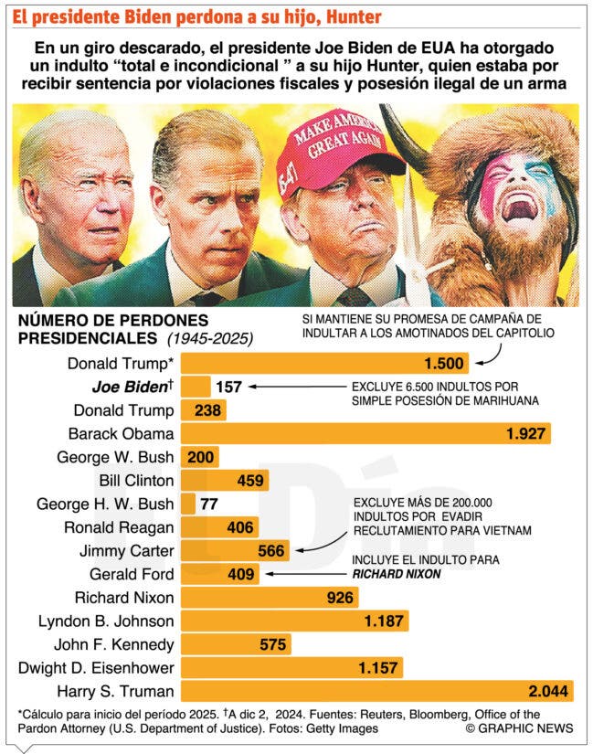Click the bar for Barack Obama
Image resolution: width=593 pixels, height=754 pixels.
[x=365, y=433]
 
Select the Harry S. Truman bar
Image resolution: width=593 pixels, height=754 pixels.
[x=377, y=691]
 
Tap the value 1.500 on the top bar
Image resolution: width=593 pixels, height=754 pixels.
[x=444, y=363]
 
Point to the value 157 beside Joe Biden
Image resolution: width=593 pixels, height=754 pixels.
[x=228, y=387]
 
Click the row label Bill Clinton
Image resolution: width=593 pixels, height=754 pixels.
[x=136, y=480]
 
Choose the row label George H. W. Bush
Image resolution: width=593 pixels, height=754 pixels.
[x=105, y=504]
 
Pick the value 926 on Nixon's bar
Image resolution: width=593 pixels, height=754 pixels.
[x=340, y=597]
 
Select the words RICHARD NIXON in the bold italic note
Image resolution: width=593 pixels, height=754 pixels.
[x=397, y=574]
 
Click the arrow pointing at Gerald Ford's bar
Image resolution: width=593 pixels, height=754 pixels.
[x=306, y=574]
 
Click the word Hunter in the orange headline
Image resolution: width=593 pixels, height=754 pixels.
[x=354, y=17]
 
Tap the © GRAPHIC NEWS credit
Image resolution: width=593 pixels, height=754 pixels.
[x=519, y=728]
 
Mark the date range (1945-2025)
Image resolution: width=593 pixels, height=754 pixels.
[x=210, y=338]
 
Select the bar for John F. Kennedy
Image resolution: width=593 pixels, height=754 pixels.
[x=236, y=644]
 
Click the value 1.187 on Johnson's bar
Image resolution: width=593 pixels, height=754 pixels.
[x=384, y=621]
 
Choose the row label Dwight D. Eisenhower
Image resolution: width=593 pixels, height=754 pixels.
[x=96, y=667]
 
